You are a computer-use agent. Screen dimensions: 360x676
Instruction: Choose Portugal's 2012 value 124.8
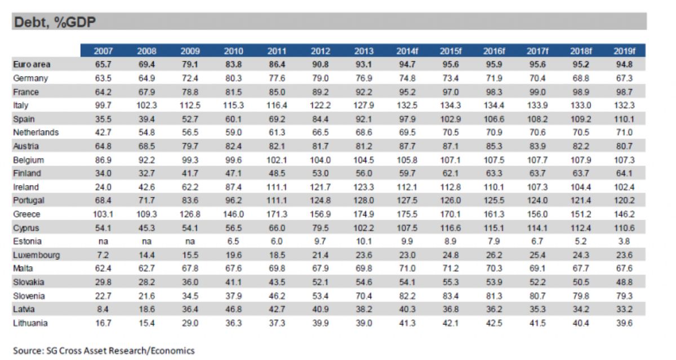(x=320, y=201)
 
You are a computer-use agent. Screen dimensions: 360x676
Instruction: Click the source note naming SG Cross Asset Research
(x=104, y=350)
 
